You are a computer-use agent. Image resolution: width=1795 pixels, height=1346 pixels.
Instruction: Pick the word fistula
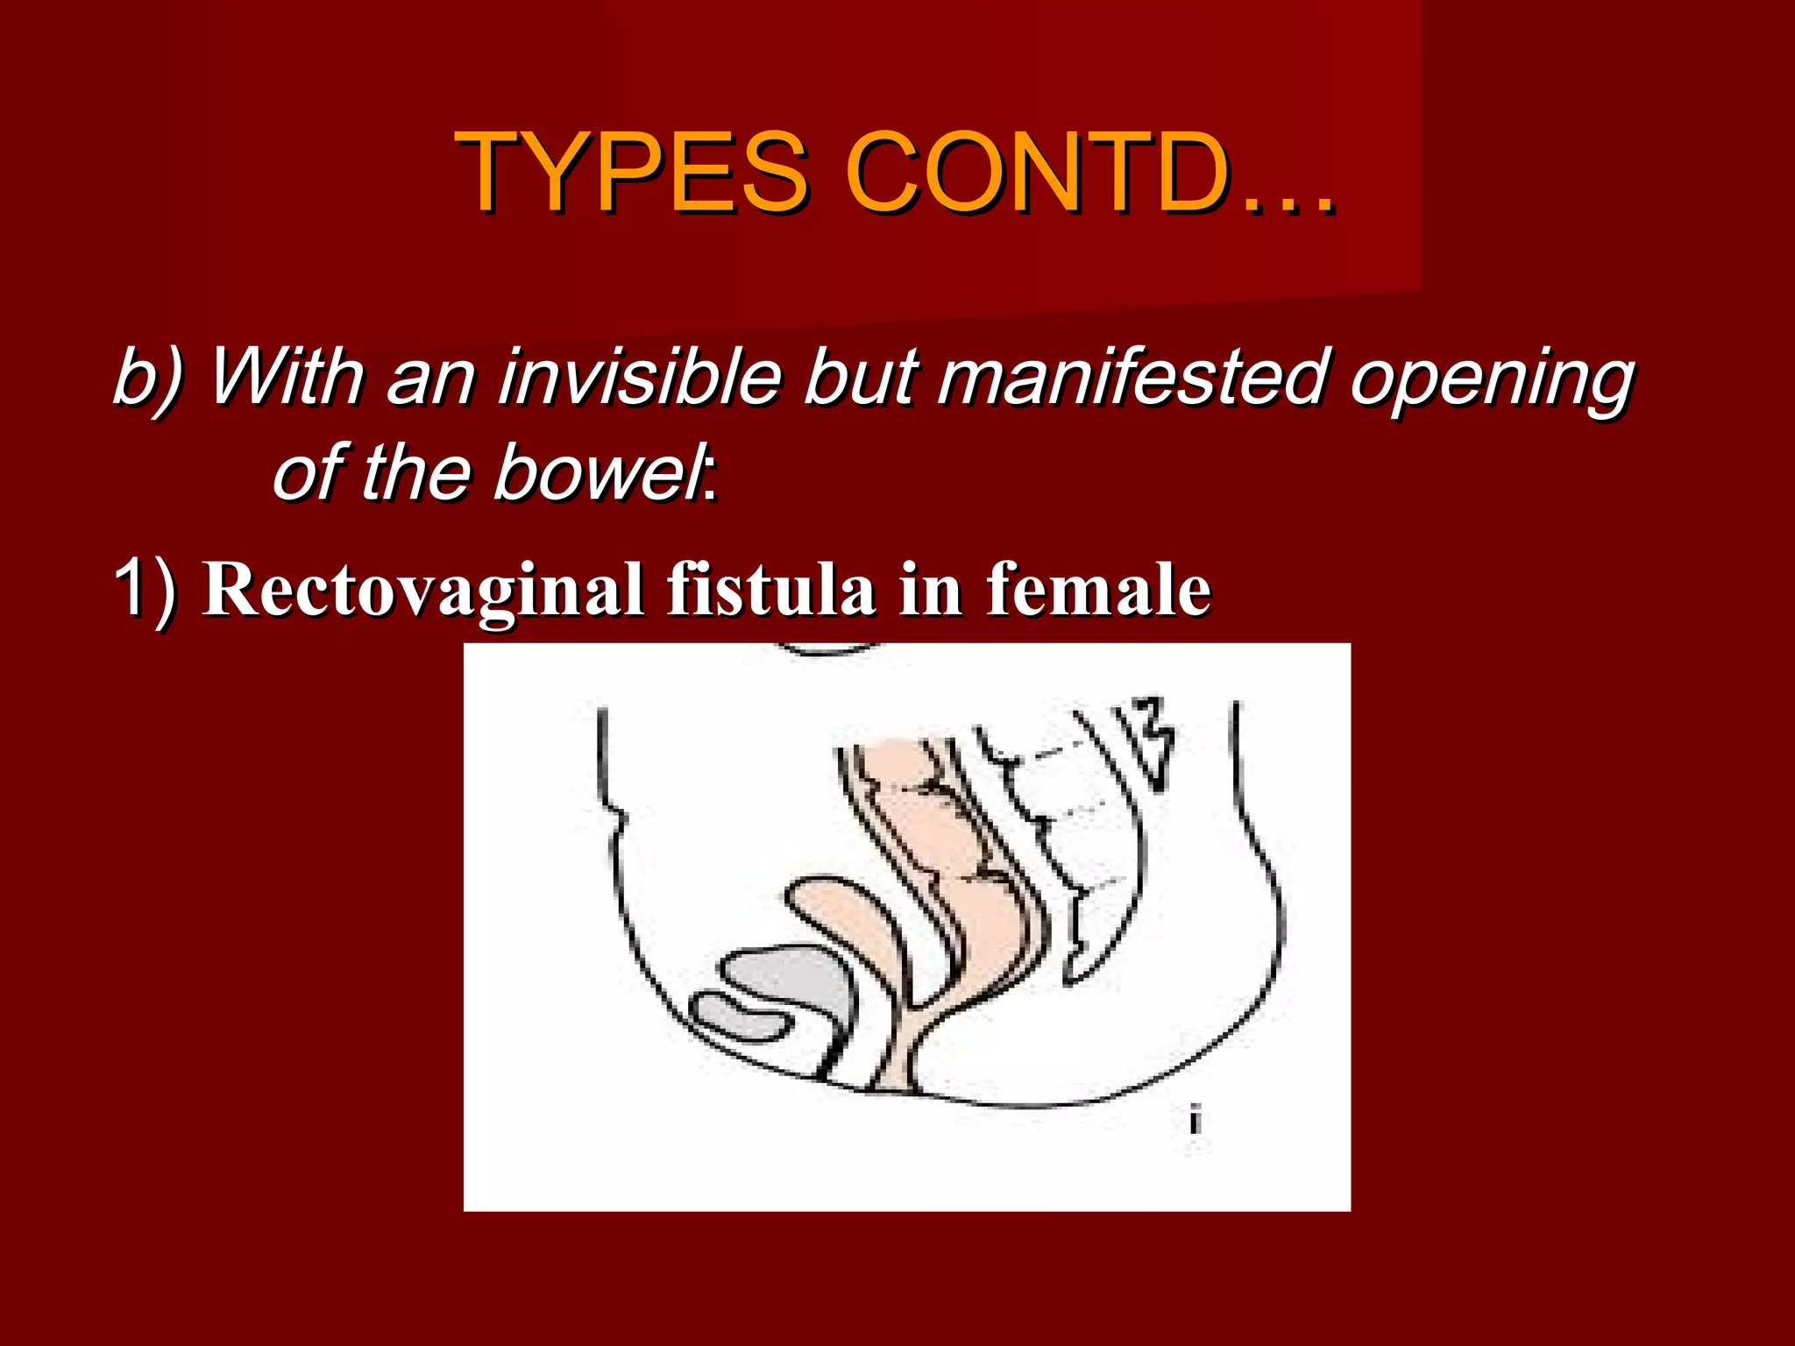771,589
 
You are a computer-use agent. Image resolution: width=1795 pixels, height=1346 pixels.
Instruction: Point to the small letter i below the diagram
1195,1121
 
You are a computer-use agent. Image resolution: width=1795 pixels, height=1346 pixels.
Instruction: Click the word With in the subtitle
286,377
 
